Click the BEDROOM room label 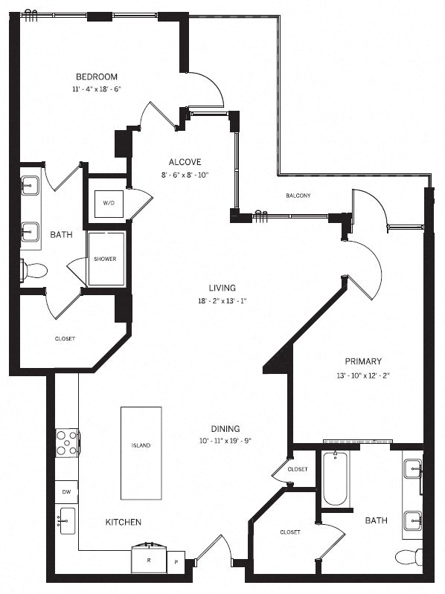pos(97,77)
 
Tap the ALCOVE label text pos(185,161)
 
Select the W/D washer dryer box pos(109,202)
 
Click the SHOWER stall pos(105,259)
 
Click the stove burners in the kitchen pos(67,442)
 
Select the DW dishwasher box pos(65,491)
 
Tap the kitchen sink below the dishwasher pos(66,522)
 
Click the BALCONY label pos(298,196)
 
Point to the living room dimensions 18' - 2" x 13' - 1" pos(222,301)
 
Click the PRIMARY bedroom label pos(363,362)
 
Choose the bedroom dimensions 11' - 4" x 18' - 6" pos(97,88)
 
